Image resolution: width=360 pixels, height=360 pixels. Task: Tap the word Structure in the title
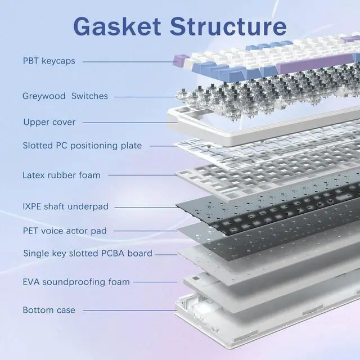pos(226,26)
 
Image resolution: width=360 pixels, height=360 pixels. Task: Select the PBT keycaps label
pos(49,60)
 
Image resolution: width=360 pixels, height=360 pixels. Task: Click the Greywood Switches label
pos(65,96)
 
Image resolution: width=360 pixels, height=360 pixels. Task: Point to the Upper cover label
pos(49,122)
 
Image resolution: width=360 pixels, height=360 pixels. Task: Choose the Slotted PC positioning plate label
pos(82,146)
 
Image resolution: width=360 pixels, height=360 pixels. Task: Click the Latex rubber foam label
pos(61,175)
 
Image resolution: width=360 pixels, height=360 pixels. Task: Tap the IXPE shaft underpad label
pos(65,206)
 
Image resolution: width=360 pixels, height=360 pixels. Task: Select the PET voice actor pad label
pos(65,231)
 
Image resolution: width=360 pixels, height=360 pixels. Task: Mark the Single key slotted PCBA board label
pos(87,253)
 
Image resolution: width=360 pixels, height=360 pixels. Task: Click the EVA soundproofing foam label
pos(76,282)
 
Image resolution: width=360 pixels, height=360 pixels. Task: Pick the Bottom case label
pos(49,310)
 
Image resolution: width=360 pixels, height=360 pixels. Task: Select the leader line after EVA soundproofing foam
pos(157,282)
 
